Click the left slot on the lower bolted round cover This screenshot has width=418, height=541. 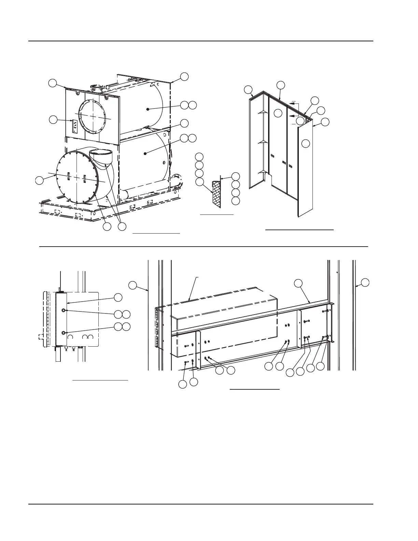coord(69,176)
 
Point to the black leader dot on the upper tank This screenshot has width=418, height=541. coord(148,109)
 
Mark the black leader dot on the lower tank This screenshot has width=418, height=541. coord(145,154)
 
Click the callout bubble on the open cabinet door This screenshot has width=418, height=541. coord(306,143)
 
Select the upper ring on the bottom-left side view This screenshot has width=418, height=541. coord(64,310)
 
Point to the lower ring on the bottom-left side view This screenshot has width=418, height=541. coord(64,333)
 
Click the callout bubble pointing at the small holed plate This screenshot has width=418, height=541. coord(53,120)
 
